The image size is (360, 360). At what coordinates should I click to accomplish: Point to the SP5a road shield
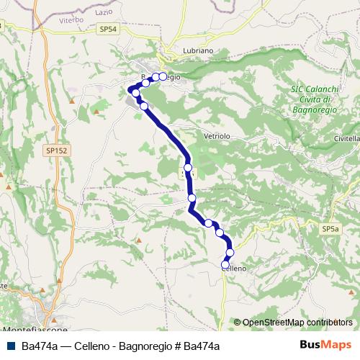330,228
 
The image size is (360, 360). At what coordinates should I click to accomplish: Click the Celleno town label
235,268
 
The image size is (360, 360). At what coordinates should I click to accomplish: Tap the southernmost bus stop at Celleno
225,265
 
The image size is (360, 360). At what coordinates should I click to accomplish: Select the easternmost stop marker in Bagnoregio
163,76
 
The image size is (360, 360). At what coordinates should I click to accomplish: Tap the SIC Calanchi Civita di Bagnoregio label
311,99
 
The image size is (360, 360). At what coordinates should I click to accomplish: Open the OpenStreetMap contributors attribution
297,323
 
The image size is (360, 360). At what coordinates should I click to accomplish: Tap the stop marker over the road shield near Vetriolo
188,168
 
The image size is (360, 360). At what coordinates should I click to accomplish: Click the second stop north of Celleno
219,233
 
